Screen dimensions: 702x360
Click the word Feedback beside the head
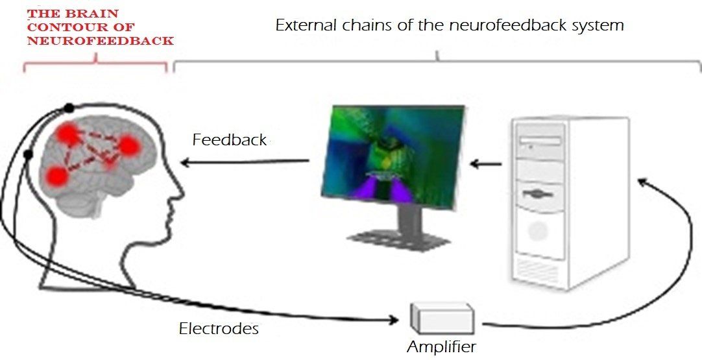pyautogui.click(x=230, y=139)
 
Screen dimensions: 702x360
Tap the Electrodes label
pyautogui.click(x=219, y=329)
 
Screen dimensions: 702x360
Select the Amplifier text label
pyautogui.click(x=441, y=346)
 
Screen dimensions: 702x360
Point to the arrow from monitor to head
pyautogui.click(x=245, y=162)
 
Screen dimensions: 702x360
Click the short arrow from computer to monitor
pyautogui.click(x=486, y=164)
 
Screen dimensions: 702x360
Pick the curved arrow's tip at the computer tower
pyautogui.click(x=637, y=181)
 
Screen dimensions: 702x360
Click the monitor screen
pyautogui.click(x=393, y=157)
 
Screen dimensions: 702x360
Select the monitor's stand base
pyautogui.click(x=398, y=241)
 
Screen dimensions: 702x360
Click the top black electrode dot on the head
pyautogui.click(x=69, y=108)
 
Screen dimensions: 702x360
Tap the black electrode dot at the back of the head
pyautogui.click(x=28, y=154)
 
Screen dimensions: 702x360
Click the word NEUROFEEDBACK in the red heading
pyautogui.click(x=101, y=41)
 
